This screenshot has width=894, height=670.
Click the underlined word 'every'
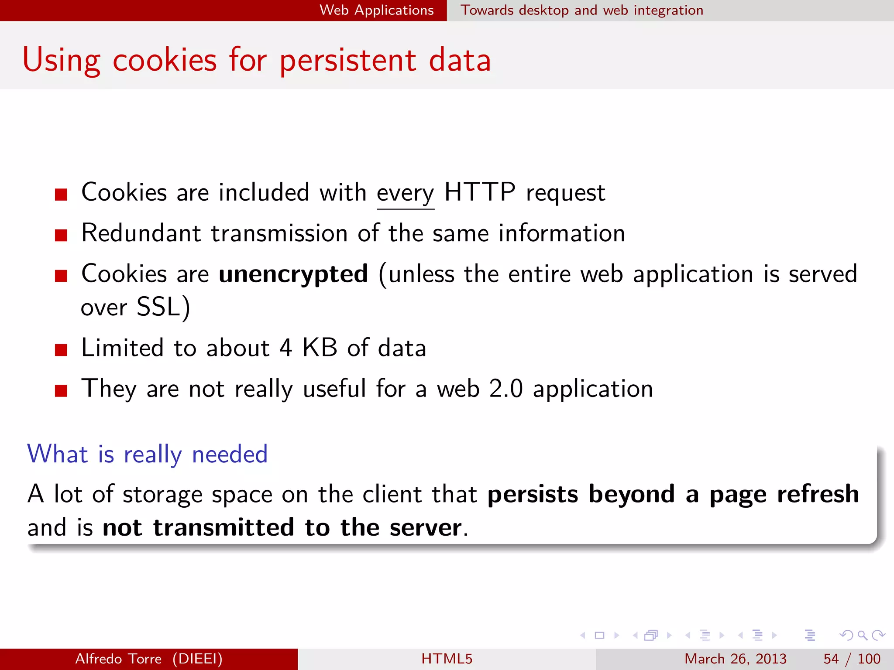click(x=405, y=193)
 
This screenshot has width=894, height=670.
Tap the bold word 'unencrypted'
click(x=293, y=274)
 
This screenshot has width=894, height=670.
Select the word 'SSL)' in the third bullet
click(x=163, y=307)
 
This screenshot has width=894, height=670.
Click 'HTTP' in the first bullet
click(x=480, y=192)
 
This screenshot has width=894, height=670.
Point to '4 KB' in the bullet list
click(x=308, y=348)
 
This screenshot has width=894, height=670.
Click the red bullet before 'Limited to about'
click(x=61, y=350)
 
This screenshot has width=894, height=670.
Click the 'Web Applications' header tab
click(x=376, y=10)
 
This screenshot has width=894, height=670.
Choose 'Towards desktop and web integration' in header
click(x=582, y=10)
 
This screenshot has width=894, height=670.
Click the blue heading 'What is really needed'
click(x=147, y=454)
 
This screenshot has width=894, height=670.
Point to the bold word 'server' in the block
click(x=425, y=528)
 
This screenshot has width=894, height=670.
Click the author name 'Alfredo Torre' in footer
click(x=118, y=659)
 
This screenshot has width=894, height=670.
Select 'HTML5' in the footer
click(x=447, y=659)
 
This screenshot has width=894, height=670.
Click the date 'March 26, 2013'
click(x=735, y=659)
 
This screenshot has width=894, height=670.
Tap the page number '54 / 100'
click(x=851, y=659)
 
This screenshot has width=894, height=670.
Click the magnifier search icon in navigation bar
click(x=862, y=635)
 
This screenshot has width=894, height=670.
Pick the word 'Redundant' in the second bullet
click(x=141, y=233)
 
